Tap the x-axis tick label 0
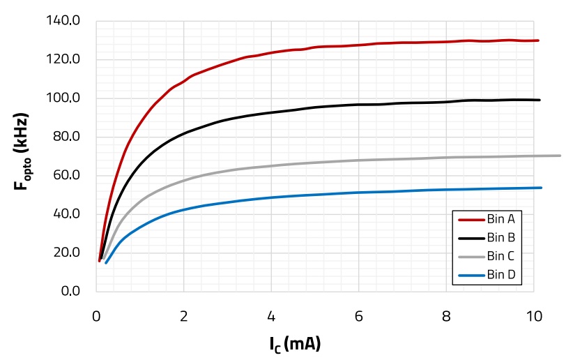(96, 316)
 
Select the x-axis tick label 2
(184, 316)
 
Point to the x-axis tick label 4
(271, 316)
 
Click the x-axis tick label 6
(359, 316)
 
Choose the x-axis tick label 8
(446, 316)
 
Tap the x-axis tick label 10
(534, 316)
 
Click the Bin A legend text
(501, 218)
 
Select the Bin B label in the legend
(501, 237)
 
